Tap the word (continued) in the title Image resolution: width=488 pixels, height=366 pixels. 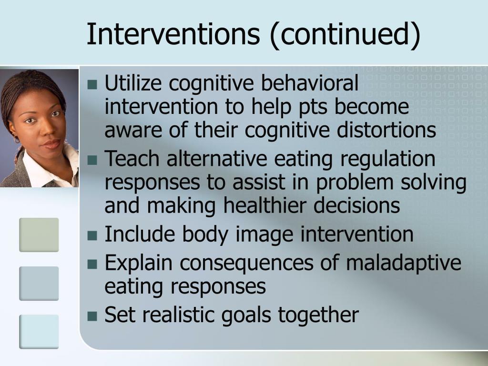point(346,34)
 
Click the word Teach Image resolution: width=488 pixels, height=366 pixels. point(132,159)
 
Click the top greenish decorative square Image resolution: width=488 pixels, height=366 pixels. point(39,234)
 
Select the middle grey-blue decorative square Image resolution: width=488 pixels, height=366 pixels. point(39,283)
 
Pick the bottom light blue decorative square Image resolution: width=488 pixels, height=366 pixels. point(39,331)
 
